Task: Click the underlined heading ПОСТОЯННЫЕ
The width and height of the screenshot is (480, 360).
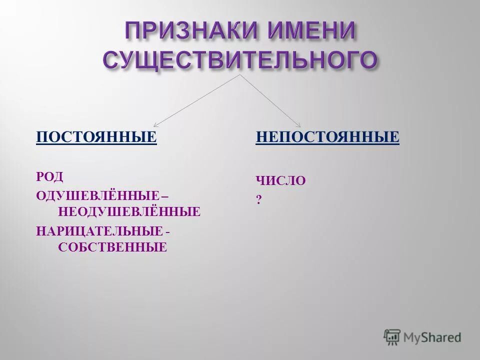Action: (x=96, y=136)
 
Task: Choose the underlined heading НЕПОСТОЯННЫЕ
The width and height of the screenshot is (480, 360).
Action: (x=327, y=136)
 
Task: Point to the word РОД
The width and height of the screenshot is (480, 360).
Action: (x=50, y=176)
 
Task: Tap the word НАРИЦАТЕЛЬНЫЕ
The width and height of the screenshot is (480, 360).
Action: (x=99, y=230)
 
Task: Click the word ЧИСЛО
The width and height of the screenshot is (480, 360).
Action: (x=280, y=180)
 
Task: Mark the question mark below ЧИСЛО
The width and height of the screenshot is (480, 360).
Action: (x=259, y=199)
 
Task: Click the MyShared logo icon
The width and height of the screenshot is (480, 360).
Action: (x=392, y=337)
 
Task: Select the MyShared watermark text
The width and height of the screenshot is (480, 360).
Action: (x=432, y=338)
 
